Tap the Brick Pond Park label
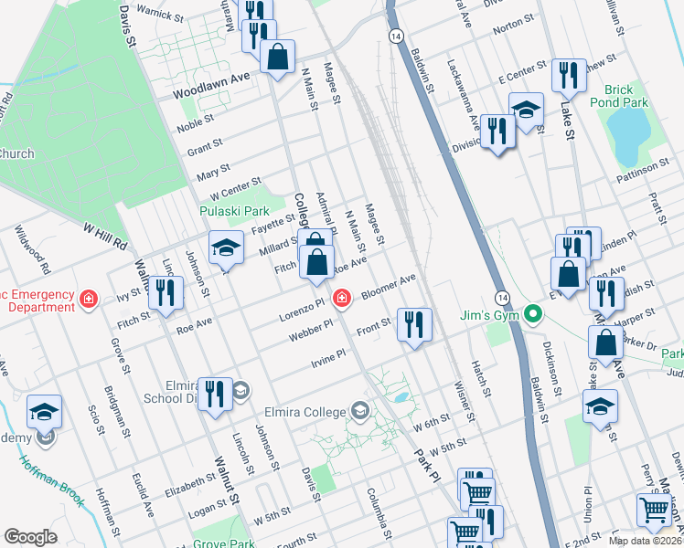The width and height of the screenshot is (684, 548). point(625,96)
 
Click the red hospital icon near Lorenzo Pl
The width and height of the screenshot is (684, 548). point(342,298)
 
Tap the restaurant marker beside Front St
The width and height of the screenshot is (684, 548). point(414,324)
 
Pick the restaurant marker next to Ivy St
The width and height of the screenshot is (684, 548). point(166,292)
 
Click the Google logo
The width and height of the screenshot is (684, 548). point(30,537)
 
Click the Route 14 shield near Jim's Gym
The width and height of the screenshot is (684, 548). point(502,299)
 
